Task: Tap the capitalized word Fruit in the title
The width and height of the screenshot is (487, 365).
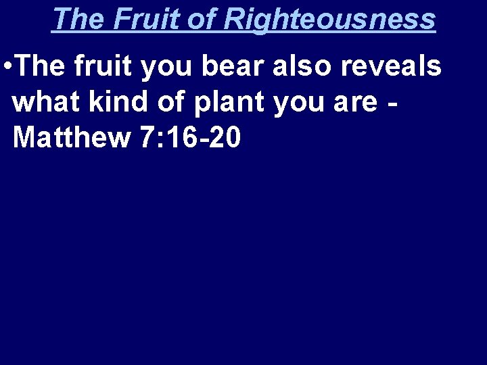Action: click(x=142, y=18)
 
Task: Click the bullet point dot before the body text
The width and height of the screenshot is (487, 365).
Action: click(x=6, y=68)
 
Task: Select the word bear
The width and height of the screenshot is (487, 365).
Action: click(x=218, y=67)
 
